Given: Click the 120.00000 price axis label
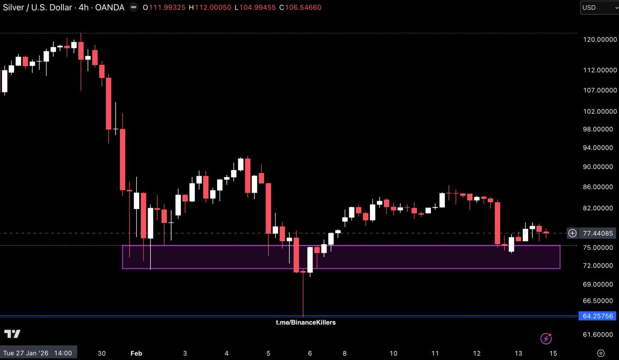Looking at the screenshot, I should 600,40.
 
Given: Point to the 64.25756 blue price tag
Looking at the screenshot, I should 598,316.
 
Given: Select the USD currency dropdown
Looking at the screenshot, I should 599,8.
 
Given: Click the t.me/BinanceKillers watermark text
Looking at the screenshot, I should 306,322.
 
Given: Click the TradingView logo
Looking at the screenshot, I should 13,334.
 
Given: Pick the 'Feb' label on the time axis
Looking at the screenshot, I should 136,353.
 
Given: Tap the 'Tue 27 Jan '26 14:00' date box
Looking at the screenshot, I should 38,353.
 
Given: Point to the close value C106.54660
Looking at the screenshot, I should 300,8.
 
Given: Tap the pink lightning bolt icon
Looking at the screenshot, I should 546,338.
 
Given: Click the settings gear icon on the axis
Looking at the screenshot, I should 601,353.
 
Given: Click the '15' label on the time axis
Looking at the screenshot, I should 553,353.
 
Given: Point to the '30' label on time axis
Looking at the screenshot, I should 102,353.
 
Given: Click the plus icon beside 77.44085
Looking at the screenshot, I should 572,233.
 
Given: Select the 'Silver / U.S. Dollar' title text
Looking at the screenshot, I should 38,8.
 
